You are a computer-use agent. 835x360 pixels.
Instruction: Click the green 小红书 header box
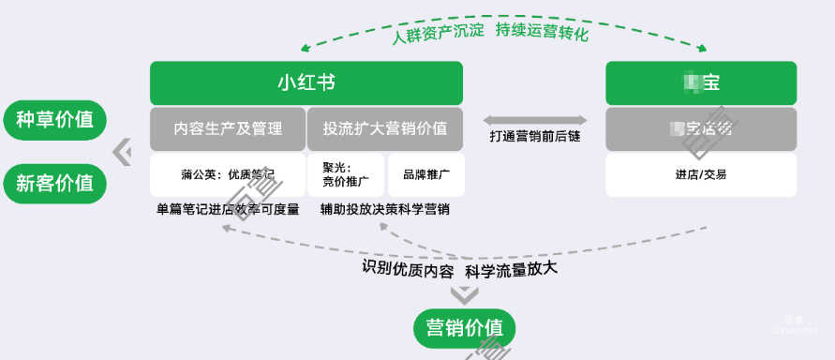306,82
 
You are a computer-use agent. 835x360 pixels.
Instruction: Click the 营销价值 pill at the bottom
464,327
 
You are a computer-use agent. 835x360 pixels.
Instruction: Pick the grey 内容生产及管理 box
228,128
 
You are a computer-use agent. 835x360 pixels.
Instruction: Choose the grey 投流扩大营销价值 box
385,128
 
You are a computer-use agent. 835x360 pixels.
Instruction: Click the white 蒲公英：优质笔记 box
228,174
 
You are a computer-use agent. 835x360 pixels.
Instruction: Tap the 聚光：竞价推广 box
346,174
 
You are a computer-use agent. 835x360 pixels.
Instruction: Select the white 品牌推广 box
426,174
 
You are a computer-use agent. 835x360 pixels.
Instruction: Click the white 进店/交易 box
701,174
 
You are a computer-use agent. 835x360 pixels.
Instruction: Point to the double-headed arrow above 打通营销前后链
535,119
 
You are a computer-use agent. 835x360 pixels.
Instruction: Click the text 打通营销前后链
535,137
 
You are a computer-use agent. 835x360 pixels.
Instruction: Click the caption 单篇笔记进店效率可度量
228,209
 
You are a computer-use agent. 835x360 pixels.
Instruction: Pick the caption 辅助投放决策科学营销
384,209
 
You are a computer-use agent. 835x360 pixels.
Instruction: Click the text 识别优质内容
409,269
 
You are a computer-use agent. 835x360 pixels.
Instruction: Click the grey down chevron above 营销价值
464,295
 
